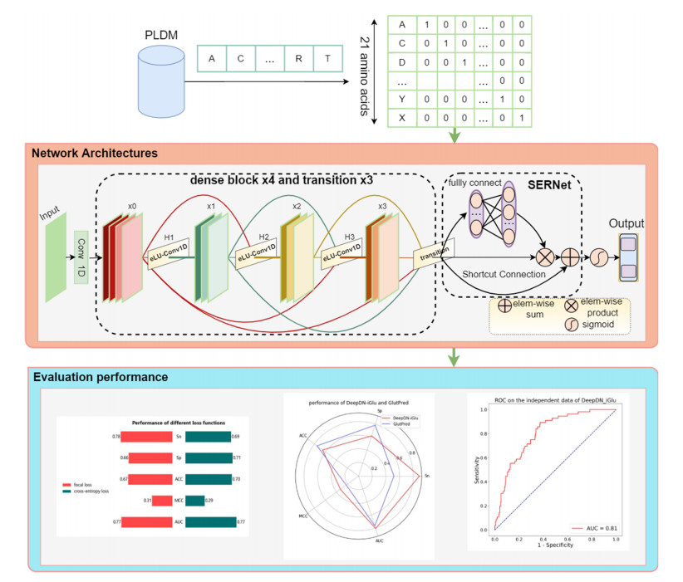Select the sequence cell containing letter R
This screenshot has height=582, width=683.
tap(297, 58)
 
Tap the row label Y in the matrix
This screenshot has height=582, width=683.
tap(402, 98)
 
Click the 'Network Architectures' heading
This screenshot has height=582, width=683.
tap(95, 154)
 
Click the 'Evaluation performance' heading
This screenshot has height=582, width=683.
tap(100, 378)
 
